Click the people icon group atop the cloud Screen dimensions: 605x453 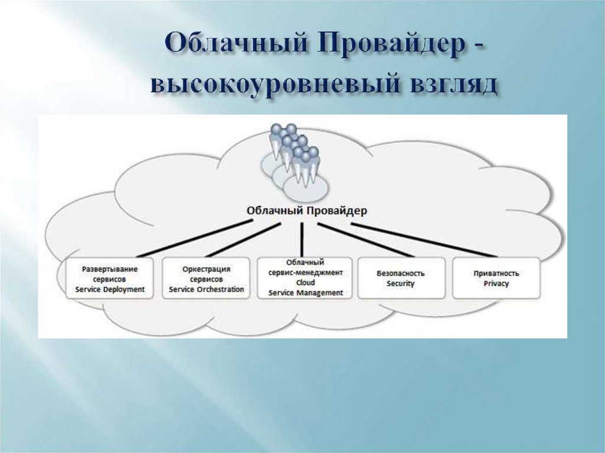tap(293, 157)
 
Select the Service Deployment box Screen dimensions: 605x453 tap(110, 278)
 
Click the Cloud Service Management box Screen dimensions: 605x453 tap(305, 278)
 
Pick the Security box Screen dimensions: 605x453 tap(401, 278)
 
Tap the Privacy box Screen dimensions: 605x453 tap(496, 278)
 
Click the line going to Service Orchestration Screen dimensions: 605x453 tap(245, 239)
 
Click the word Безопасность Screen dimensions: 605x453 tap(401, 273)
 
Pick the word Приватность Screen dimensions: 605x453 tap(496, 273)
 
